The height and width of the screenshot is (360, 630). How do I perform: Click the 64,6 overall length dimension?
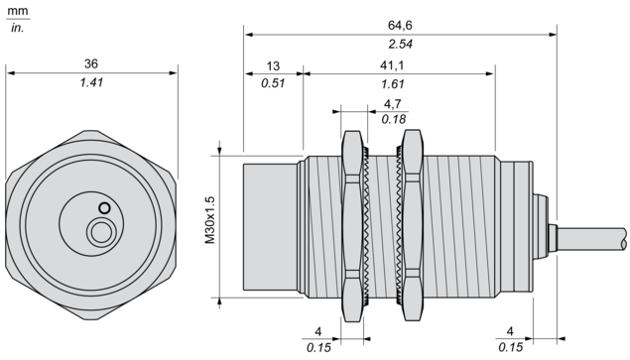pyautogui.click(x=400, y=26)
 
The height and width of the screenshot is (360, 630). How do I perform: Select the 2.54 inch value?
pyautogui.click(x=400, y=44)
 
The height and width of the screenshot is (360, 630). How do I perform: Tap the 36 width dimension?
pyautogui.click(x=91, y=63)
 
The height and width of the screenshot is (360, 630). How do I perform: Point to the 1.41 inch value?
pyautogui.click(x=91, y=82)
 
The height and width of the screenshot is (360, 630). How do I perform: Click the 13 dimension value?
pyautogui.click(x=273, y=65)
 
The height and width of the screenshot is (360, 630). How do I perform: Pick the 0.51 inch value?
pyautogui.click(x=273, y=83)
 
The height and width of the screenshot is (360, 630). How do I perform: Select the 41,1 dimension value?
pyautogui.click(x=392, y=65)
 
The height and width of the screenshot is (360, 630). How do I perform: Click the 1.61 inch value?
pyautogui.click(x=393, y=84)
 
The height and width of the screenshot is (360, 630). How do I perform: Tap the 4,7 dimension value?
pyautogui.click(x=393, y=104)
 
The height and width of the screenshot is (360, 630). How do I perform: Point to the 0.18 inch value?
pyautogui.click(x=394, y=119)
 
